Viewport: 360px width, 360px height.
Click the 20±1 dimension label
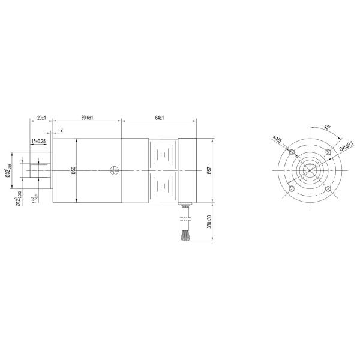(41, 118)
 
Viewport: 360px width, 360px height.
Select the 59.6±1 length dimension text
(86, 118)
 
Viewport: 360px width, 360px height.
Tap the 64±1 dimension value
(159, 118)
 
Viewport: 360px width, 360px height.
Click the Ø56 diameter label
(73, 170)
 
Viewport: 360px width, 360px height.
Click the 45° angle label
(326, 127)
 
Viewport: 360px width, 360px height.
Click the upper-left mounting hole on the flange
(291, 152)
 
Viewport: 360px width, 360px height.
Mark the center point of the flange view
(310, 171)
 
